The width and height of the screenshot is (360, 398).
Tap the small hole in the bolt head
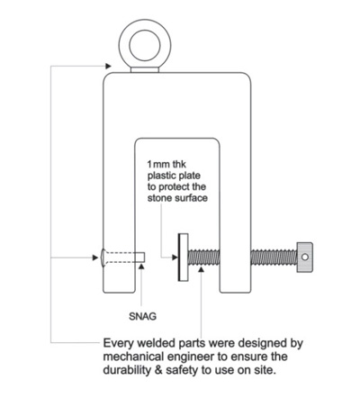(305, 258)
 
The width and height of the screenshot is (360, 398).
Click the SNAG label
(142, 316)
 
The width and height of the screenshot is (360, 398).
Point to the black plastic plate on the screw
(179, 258)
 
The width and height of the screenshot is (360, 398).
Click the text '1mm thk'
(166, 164)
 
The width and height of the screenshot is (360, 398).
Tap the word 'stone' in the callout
(159, 198)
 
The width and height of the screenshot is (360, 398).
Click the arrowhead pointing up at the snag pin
(141, 266)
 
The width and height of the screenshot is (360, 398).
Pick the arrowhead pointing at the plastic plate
(175, 258)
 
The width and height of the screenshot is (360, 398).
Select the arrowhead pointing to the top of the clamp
(108, 66)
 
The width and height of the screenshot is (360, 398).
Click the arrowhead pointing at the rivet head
(95, 258)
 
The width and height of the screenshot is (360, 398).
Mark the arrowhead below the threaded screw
(202, 269)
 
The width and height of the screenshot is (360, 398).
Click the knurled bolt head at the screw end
(305, 258)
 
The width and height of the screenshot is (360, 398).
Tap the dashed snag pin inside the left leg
(124, 258)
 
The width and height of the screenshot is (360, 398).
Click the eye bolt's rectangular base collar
(145, 69)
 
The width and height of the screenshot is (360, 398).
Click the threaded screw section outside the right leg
(274, 258)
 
